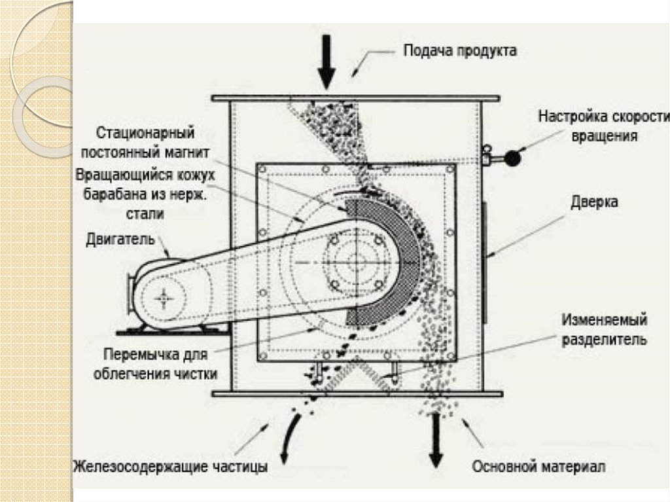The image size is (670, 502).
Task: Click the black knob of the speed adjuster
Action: pos(512,158)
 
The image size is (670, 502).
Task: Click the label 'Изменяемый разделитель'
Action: pos(605,331)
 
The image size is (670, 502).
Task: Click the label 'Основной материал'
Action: pos(539,467)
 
